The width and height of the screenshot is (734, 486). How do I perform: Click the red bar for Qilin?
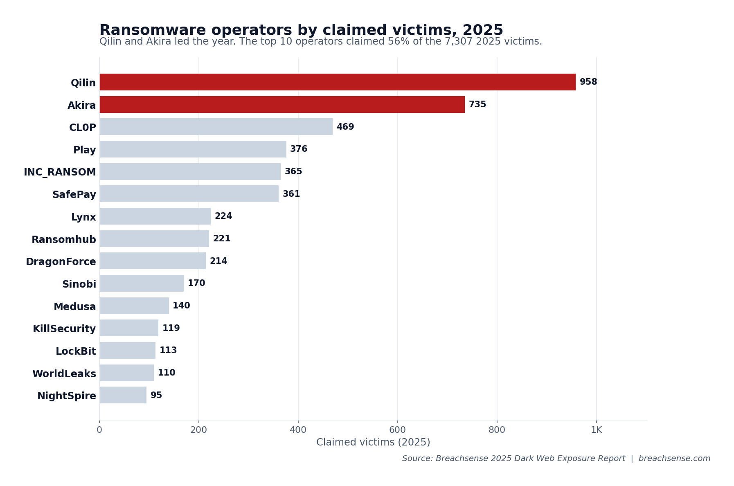pyautogui.click(x=337, y=82)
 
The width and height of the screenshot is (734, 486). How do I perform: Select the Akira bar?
pyautogui.click(x=282, y=105)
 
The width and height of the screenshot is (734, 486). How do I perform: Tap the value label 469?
pyautogui.click(x=345, y=127)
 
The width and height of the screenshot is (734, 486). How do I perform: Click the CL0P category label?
pyautogui.click(x=82, y=128)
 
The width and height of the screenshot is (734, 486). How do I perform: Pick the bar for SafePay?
pyautogui.click(x=189, y=194)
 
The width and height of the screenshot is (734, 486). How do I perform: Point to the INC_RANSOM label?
pyautogui.click(x=60, y=172)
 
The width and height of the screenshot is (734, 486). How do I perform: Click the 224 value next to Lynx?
pyautogui.click(x=223, y=216)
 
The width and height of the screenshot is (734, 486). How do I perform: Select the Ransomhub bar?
pyautogui.click(x=154, y=239)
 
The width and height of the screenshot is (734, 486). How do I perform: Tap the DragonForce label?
pyautogui.click(x=61, y=262)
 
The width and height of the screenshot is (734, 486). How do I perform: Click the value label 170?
pyautogui.click(x=196, y=283)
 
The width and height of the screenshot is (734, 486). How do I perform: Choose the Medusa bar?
pyautogui.click(x=134, y=306)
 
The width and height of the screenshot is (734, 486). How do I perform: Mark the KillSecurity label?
pyautogui.click(x=64, y=329)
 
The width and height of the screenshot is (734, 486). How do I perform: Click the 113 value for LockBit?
pyautogui.click(x=168, y=351)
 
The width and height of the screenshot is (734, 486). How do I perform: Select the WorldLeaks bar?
pyautogui.click(x=126, y=373)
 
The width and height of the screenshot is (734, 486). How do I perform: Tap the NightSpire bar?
pyautogui.click(x=123, y=395)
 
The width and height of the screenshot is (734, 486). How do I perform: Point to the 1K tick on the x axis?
pyautogui.click(x=596, y=430)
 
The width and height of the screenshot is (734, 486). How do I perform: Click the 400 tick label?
pyautogui.click(x=298, y=430)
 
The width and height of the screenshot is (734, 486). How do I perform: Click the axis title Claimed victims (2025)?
pyautogui.click(x=373, y=442)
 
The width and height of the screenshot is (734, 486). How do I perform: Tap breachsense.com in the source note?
pyautogui.click(x=674, y=459)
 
